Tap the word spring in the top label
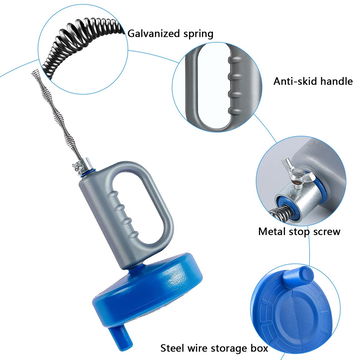click(x=197, y=34)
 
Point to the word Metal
click(x=272, y=231)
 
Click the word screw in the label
click(x=327, y=232)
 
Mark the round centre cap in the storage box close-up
click(x=296, y=315)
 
